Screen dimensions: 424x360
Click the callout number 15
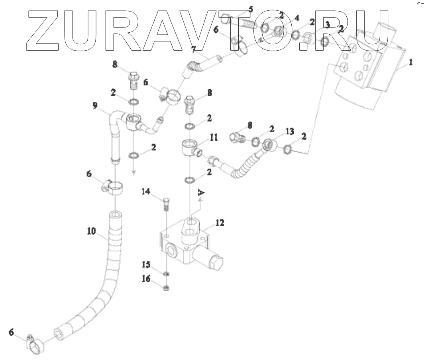click(146, 264)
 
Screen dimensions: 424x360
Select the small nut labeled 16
click(166, 287)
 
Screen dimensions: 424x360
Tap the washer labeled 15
click(166, 274)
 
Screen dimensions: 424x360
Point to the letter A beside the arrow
click(202, 194)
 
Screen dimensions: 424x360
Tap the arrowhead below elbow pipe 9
click(134, 172)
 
